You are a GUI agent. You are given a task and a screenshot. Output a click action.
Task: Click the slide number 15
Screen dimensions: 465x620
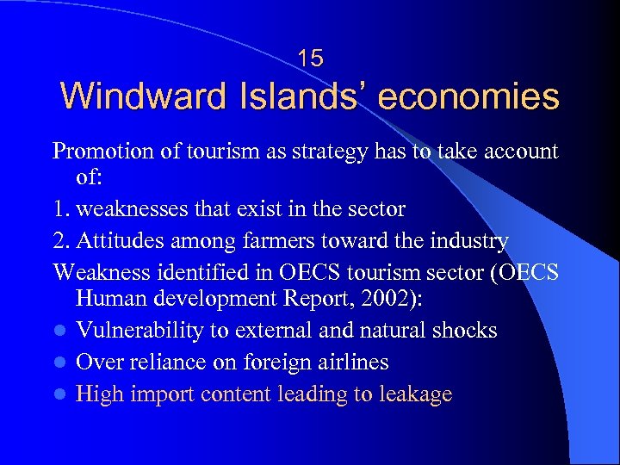[310, 59]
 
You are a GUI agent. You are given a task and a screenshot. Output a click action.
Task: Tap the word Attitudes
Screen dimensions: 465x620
[118, 241]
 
